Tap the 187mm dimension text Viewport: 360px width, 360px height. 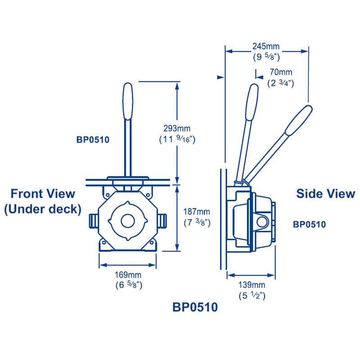[x=197, y=211]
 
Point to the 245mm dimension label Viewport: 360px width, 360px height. [x=265, y=45]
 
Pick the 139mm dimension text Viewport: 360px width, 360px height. [x=252, y=285]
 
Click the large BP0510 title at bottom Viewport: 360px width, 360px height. [x=195, y=307]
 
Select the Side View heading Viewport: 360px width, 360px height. [x=325, y=193]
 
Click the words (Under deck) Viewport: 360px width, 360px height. [x=43, y=209]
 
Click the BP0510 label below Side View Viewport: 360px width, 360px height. [x=309, y=224]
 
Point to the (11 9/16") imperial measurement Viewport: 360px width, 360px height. [x=176, y=139]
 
